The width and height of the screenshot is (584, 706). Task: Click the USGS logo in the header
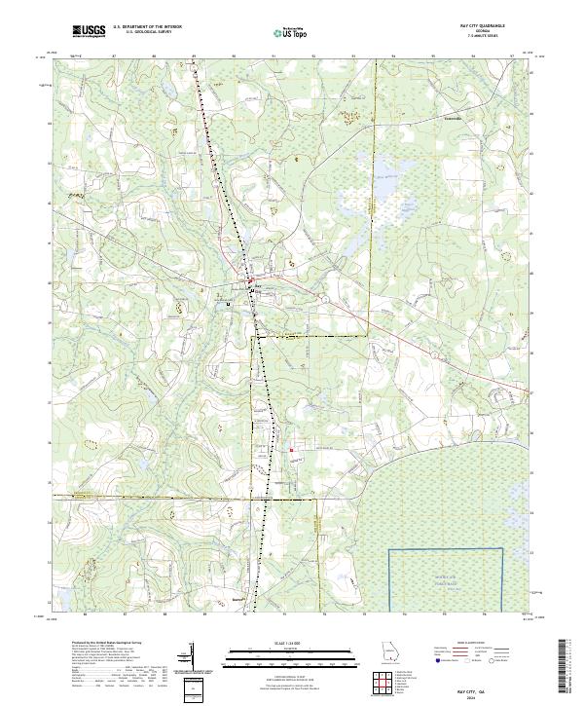click(x=89, y=32)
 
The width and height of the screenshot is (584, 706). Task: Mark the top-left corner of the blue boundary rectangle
click(x=390, y=549)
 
